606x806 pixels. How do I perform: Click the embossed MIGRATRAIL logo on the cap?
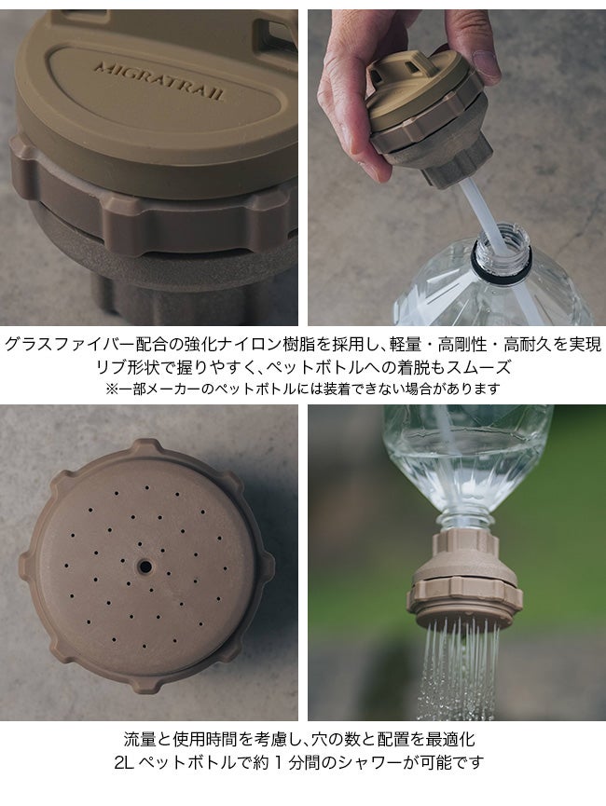click(x=159, y=81)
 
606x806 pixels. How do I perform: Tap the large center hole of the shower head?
click(x=145, y=567)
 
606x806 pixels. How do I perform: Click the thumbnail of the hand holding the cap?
click(x=457, y=167)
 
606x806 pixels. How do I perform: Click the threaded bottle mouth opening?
click(x=502, y=250)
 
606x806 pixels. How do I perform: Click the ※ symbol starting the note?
click(x=112, y=389)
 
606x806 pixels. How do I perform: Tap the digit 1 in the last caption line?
click(x=279, y=763)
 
